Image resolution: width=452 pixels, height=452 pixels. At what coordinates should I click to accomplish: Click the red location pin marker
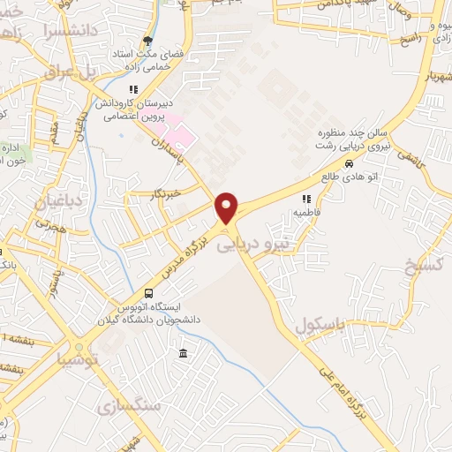pos(227,207)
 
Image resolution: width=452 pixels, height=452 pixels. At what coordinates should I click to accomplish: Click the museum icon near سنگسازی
pos(183,354)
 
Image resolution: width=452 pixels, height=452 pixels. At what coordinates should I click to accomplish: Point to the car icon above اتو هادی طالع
pos(350,164)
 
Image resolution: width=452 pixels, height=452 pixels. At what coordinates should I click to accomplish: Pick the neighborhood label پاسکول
pos(319,324)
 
